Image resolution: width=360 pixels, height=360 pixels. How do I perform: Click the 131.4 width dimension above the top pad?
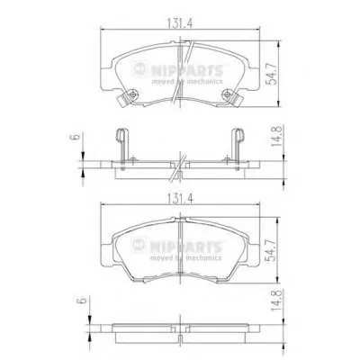[x=179, y=24]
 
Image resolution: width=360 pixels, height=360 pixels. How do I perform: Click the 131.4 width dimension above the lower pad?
[x=179, y=199]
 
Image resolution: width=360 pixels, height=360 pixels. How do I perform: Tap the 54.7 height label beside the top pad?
[x=272, y=74]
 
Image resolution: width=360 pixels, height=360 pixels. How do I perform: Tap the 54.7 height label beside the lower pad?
[x=272, y=249]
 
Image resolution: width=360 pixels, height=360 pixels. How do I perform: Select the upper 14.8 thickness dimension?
[x=276, y=136]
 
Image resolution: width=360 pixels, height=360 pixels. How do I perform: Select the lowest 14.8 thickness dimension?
[x=276, y=300]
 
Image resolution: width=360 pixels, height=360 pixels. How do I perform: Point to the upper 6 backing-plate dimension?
[x=76, y=137]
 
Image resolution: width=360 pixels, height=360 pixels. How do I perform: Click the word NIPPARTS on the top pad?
[x=186, y=71]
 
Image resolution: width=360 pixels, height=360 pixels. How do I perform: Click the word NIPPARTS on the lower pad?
[x=186, y=247]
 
